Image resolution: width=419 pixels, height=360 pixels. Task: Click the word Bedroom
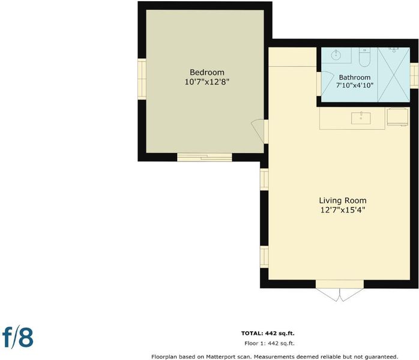coord(207,73)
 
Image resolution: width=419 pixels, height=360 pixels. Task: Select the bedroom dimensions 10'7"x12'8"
coord(207,82)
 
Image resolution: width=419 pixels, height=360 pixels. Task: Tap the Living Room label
coord(343,200)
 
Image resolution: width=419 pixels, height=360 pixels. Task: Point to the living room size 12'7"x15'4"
coord(343,210)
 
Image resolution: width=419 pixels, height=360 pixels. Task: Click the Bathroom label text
coord(355,77)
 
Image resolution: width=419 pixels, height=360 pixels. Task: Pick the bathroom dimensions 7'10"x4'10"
coord(355,85)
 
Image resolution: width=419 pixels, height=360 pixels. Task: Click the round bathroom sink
coord(336,55)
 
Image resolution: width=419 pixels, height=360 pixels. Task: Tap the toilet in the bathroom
coord(364,57)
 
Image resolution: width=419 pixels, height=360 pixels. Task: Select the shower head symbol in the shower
coord(394,50)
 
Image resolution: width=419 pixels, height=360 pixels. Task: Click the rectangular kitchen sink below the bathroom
coord(361,118)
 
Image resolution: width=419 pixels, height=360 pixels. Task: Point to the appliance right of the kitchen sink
coord(397,116)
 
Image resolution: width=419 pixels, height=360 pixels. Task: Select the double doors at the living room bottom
coord(340,290)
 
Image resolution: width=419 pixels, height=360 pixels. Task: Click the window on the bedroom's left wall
coord(142,79)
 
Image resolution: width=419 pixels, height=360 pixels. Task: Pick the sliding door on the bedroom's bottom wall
coord(205,157)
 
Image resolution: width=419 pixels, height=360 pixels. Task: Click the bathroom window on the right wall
coord(414,76)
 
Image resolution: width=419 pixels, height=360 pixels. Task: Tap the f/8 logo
coord(17,337)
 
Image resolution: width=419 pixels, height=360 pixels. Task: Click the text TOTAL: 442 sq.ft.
coord(268,333)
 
